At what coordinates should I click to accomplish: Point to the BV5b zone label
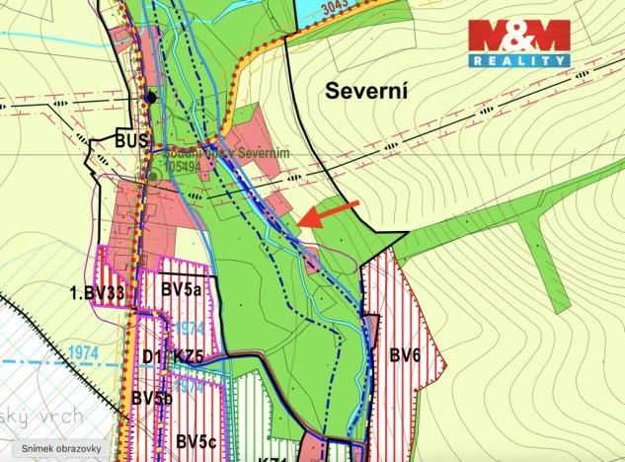tap(153, 398)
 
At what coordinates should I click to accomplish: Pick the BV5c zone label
tap(197, 440)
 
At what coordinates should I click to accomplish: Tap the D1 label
tap(152, 356)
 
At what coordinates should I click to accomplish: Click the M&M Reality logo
tap(519, 43)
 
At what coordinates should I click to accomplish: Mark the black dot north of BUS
tap(149, 97)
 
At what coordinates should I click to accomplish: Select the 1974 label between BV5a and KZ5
tap(193, 327)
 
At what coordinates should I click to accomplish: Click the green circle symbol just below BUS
tap(154, 177)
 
